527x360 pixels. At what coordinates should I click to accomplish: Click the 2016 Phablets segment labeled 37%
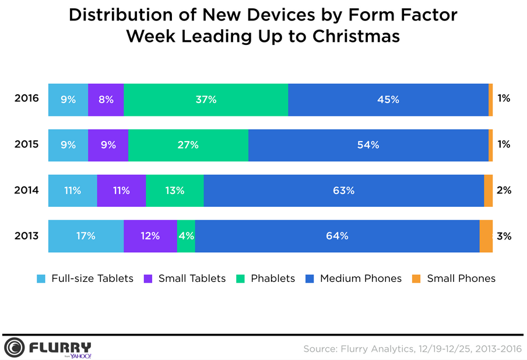tap(206, 100)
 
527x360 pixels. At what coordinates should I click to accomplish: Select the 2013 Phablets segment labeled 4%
tap(186, 236)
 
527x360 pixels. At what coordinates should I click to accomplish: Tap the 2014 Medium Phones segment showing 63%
tap(343, 190)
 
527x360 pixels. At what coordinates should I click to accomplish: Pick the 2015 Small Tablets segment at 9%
tap(108, 145)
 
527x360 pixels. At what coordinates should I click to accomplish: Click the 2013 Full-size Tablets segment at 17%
tap(86, 236)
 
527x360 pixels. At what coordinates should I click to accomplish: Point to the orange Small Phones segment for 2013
tap(486, 236)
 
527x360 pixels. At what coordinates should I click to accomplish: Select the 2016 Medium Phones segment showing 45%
tap(388, 100)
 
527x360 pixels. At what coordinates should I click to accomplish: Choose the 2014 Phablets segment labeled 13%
tap(174, 190)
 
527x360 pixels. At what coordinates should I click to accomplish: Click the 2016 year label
tap(26, 98)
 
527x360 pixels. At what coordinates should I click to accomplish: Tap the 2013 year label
tap(26, 236)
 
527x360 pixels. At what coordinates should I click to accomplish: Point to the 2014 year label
tap(26, 190)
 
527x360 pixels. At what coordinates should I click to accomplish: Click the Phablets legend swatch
tap(241, 278)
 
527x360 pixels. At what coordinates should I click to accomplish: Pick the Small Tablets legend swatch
tap(148, 278)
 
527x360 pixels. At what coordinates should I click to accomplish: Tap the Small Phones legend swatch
tap(417, 278)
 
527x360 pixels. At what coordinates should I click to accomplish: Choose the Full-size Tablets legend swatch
tap(41, 278)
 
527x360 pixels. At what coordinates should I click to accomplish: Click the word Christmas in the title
tap(356, 36)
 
